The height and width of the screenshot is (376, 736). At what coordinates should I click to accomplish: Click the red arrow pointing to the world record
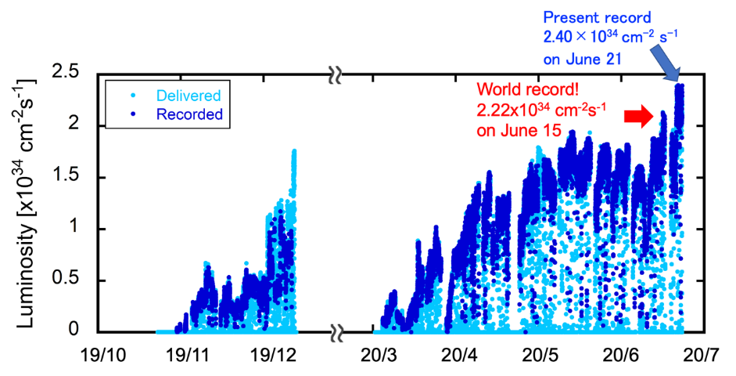[637, 117]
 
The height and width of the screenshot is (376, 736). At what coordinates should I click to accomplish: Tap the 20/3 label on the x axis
[378, 353]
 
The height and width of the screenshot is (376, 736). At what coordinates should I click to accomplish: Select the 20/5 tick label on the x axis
[540, 353]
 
